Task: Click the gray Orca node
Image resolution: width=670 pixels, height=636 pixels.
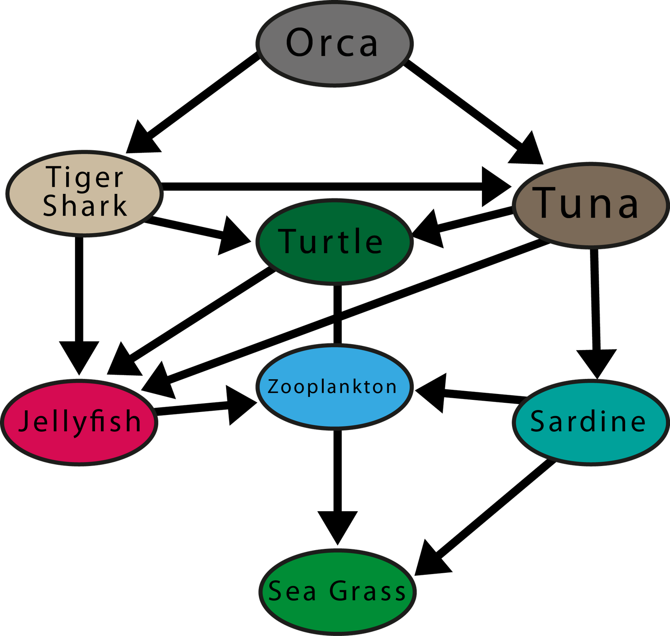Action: [335, 44]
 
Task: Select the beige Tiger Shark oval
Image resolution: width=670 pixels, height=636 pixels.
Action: [84, 193]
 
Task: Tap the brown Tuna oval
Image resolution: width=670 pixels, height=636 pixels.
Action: [591, 205]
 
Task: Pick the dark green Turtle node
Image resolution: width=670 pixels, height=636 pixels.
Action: [335, 242]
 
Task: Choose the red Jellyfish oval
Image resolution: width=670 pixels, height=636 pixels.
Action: [79, 422]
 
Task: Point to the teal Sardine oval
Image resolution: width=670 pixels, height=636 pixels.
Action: [590, 422]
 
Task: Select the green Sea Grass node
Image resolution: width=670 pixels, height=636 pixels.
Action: [338, 592]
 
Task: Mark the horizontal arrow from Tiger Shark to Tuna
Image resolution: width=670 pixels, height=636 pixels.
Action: [337, 187]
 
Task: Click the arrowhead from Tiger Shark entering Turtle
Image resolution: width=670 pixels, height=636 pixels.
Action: [234, 236]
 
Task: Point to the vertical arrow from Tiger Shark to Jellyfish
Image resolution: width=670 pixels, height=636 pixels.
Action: [79, 306]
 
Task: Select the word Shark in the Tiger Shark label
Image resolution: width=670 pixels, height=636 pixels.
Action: [85, 206]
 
